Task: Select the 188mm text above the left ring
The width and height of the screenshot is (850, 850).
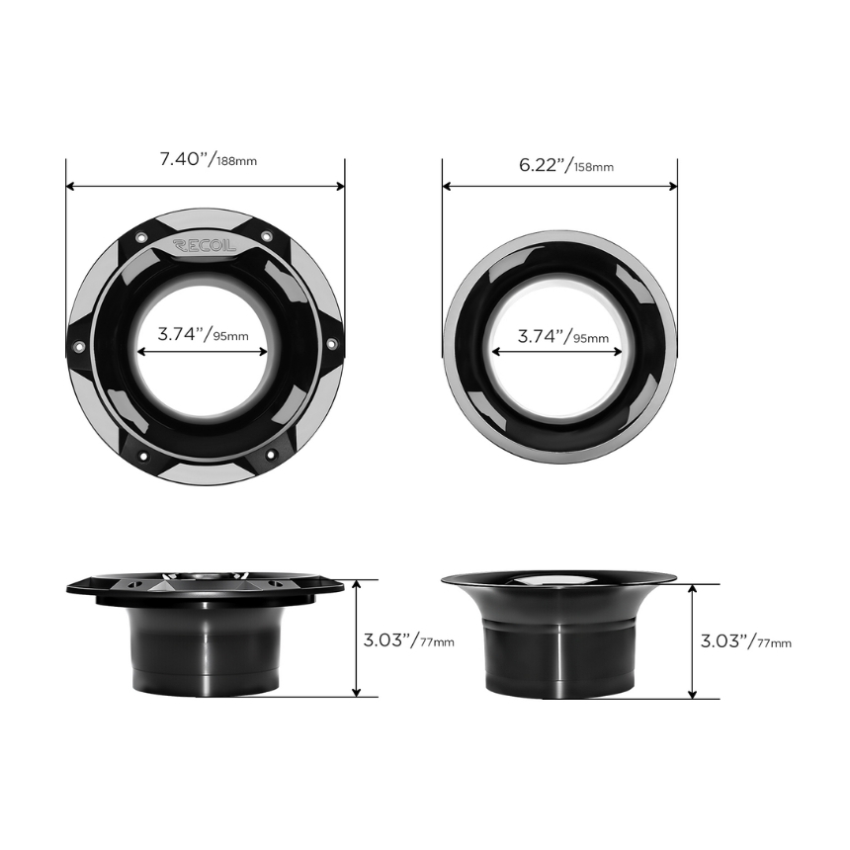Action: pos(237,161)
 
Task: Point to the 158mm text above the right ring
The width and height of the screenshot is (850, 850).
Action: pos(594,167)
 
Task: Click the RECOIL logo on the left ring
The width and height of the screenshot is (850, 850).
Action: pos(205,245)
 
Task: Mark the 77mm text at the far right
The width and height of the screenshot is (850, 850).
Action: pos(774,643)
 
